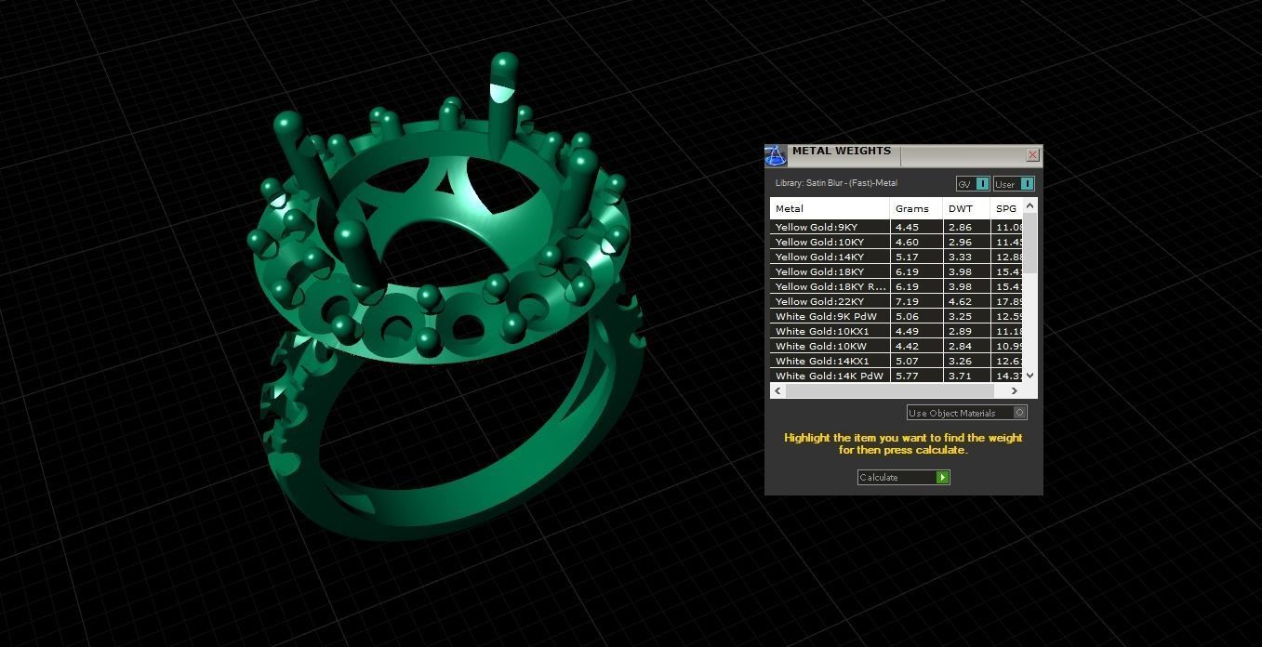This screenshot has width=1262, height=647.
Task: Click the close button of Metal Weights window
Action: [x=1032, y=155]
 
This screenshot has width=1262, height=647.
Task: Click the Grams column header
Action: [x=912, y=209]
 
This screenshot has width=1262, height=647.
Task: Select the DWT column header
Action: [x=961, y=209]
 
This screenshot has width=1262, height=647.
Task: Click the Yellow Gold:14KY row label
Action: [x=819, y=257]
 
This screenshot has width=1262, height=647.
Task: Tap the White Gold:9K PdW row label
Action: [x=826, y=316]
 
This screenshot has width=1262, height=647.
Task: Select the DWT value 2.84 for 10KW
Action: [x=960, y=346]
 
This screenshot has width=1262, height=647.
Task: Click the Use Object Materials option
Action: [x=965, y=413]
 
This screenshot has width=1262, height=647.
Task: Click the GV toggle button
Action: [x=973, y=184]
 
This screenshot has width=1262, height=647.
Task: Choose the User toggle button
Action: [x=1013, y=184]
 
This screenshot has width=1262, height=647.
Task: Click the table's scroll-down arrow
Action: [x=1030, y=376]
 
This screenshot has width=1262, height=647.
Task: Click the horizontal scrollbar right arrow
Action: [x=1014, y=391]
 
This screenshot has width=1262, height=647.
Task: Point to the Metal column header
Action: [x=790, y=209]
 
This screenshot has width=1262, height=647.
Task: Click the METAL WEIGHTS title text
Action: [x=841, y=152]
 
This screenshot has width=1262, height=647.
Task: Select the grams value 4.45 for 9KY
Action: [x=907, y=227]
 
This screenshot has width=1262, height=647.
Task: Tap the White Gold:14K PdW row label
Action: [x=829, y=376]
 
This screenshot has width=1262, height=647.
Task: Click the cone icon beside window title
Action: [x=776, y=156]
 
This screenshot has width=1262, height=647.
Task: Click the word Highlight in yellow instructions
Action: [x=807, y=438]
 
